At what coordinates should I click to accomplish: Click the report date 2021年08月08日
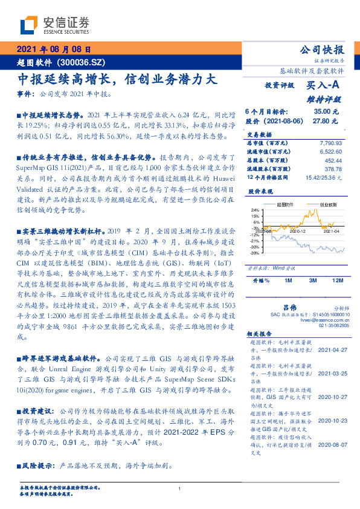pyautogui.click(x=53, y=50)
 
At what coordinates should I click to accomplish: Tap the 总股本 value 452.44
pyautogui.click(x=333, y=161)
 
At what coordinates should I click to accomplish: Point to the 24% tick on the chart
pyautogui.click(x=255, y=210)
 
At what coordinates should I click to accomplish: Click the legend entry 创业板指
pyautogui.click(x=327, y=205)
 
